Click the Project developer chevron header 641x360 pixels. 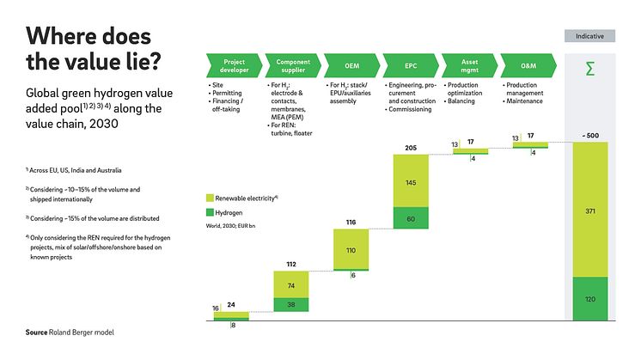click(234, 67)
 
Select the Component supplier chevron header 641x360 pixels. click(293, 67)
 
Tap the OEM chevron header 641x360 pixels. click(351, 67)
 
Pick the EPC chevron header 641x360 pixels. click(411, 67)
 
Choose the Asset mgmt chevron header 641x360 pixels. click(469, 67)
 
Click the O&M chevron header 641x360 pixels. click(528, 67)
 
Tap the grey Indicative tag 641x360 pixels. click(589, 36)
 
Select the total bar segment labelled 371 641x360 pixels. click(589, 210)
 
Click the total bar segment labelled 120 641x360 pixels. click(589, 299)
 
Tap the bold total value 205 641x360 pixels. click(411, 149)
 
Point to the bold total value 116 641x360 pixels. click(351, 223)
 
